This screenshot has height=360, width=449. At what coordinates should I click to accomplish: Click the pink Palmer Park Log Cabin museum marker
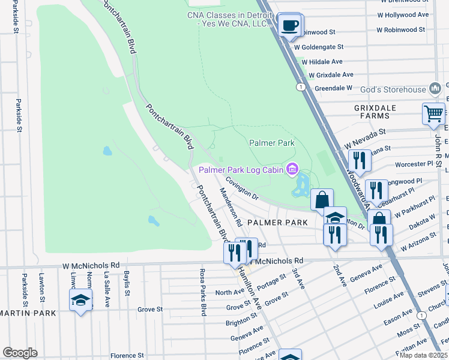coord(292,170)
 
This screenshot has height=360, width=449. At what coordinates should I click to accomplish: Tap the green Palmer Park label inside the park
coord(271,143)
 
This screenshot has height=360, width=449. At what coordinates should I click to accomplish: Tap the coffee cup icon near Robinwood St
coord(291,25)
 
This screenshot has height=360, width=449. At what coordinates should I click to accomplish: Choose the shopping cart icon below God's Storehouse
coord(433,113)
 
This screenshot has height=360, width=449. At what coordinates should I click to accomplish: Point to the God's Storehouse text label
coord(393,90)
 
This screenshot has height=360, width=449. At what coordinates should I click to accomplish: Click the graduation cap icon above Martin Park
coord(80,300)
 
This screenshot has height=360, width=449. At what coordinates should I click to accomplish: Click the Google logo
coord(20,352)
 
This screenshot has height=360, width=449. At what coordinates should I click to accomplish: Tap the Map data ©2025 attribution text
coord(424,355)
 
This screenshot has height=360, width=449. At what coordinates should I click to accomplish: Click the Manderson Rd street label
coord(231,206)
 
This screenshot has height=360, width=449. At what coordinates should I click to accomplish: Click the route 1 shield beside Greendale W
coord(299,88)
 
